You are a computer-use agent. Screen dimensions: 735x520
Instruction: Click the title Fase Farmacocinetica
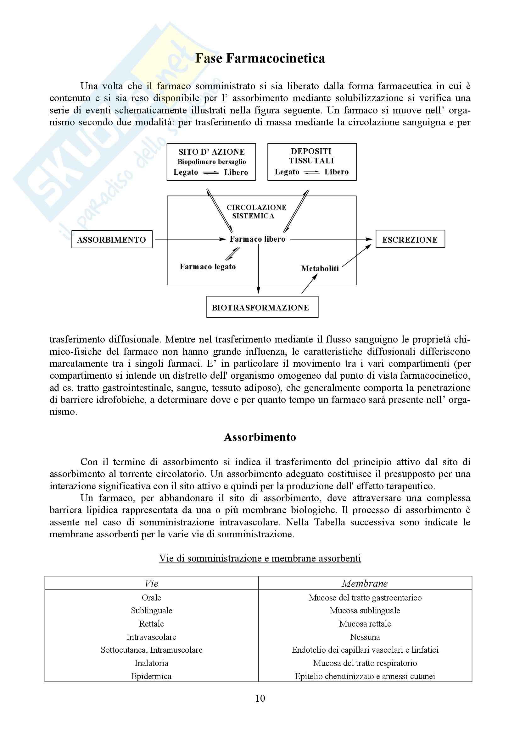(260, 58)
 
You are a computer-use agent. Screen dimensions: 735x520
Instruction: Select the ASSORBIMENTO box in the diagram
(112, 239)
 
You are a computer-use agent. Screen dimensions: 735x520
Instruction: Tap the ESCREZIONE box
(410, 239)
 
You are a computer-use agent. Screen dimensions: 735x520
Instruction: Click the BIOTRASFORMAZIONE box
(262, 307)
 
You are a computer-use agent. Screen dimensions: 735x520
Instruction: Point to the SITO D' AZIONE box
(211, 162)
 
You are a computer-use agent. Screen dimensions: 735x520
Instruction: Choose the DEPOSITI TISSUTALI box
(312, 162)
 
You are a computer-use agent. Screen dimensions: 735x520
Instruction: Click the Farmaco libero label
(257, 239)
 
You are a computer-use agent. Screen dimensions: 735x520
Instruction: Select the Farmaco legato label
(208, 267)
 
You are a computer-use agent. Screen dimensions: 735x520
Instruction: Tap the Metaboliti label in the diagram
(320, 269)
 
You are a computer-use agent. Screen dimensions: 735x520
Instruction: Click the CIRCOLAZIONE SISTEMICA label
(256, 211)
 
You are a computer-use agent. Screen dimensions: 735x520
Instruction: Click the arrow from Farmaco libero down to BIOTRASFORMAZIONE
(259, 269)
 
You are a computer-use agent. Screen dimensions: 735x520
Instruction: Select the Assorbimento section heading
(260, 437)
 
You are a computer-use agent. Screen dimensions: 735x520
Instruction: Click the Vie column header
(152, 583)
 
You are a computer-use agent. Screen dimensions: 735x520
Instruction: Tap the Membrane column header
(365, 583)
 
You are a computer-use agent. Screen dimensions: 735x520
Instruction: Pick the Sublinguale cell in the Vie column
(152, 611)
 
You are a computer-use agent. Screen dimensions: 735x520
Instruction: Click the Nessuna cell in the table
(365, 637)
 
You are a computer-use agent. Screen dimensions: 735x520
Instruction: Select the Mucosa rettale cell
(365, 623)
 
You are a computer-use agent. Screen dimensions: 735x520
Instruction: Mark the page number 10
(260, 698)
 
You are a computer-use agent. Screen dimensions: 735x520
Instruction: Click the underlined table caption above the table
(260, 558)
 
